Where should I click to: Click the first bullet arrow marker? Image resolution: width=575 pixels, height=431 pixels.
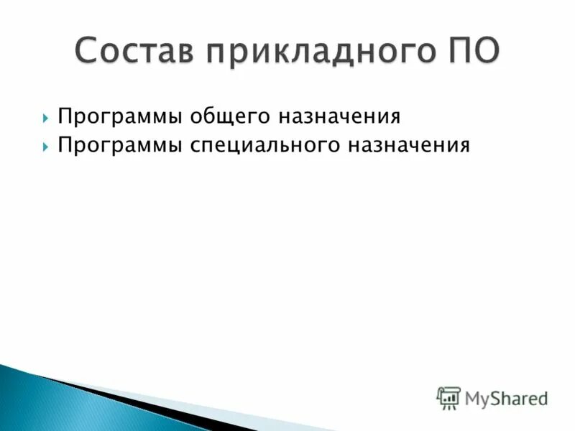click(45, 116)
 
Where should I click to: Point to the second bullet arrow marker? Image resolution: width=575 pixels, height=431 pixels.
click(45, 147)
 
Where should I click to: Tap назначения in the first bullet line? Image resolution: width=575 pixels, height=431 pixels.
click(339, 116)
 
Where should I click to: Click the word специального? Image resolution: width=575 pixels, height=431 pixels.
click(266, 147)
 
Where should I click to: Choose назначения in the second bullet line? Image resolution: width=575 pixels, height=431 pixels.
click(409, 147)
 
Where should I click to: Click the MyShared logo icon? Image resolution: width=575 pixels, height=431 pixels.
click(448, 398)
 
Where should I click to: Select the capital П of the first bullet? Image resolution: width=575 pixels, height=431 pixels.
click(64, 116)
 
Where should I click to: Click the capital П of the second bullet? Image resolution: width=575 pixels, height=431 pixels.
click(64, 147)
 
